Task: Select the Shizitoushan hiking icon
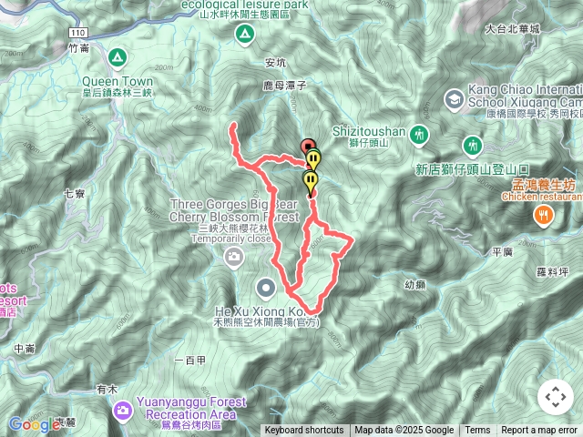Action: pos(419,134)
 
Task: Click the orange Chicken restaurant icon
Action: pos(543,215)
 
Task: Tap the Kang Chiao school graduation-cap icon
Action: pos(453,98)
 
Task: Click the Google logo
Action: pos(34,423)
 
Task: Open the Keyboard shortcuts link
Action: pos(304,431)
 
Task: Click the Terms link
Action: pos(477,431)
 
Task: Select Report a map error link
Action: pos(540,431)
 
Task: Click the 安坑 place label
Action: pos(275,63)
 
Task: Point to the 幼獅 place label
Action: pos(414,284)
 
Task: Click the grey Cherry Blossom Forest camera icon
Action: pos(234,258)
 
